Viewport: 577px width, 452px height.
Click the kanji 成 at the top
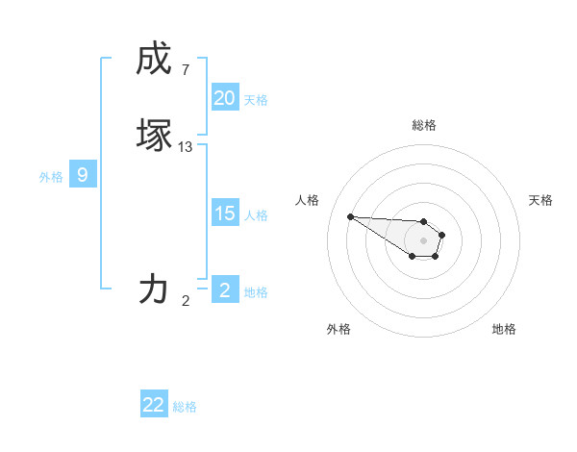tap(154, 60)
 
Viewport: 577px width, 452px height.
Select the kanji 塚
tap(154, 135)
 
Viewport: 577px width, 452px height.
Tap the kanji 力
tap(154, 288)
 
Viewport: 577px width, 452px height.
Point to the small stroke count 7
tap(186, 70)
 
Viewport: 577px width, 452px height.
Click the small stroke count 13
tap(186, 147)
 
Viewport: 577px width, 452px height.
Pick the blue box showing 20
tap(225, 98)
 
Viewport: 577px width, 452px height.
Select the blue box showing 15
tap(225, 213)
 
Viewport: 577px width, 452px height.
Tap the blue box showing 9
tap(83, 175)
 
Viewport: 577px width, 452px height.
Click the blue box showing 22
tap(154, 405)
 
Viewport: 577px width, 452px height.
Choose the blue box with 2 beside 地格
tap(225, 290)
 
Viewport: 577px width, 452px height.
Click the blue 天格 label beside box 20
tap(256, 100)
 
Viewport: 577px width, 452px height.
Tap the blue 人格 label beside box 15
tap(256, 215)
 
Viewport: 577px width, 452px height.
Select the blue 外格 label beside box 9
tap(51, 177)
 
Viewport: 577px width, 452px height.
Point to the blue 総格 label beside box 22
tap(185, 407)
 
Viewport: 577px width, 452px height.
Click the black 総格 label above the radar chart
tap(424, 126)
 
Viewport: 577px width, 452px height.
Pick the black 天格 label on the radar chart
tap(540, 200)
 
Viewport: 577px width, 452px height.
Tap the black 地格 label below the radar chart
tap(504, 330)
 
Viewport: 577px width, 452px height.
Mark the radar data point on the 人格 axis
tap(350, 216)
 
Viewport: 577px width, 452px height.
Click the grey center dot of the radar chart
tap(424, 239)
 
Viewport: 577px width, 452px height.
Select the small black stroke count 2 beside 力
tap(186, 301)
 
